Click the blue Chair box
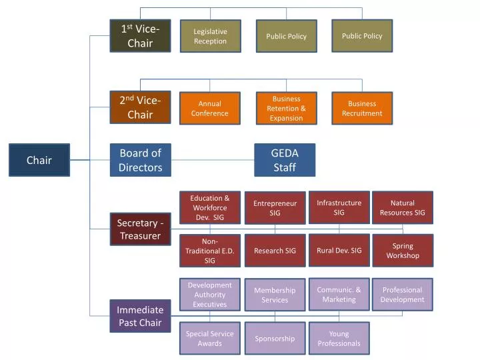pos(39,160)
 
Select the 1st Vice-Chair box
pos(140,36)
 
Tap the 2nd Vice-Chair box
pos(140,107)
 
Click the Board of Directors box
pos(140,160)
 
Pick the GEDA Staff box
pos(285,160)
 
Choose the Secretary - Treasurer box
pos(140,229)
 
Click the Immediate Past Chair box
pos(140,316)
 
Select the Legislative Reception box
pos(210,36)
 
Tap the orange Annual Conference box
pos(210,108)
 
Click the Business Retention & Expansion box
pos(286,108)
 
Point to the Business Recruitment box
pos(362,108)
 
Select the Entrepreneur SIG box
pos(275,208)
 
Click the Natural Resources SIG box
pos(402,208)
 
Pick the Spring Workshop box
pos(402,251)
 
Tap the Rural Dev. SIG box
pos(339,251)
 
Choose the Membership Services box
pos(275,295)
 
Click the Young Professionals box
pos(339,339)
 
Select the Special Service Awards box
pos(209,339)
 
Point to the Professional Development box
pos(402,295)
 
